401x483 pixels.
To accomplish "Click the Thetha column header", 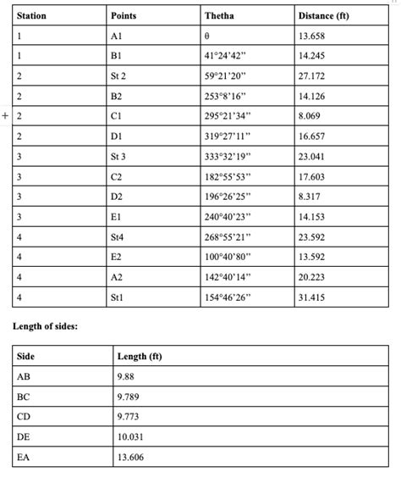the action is [220, 16].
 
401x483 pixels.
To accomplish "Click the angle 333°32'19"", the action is [228, 157].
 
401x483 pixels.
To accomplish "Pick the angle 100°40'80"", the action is [228, 257].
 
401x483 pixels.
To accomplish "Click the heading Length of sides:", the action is [46, 325].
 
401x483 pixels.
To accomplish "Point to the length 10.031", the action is [130, 436].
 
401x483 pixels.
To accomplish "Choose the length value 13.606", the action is [130, 458].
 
